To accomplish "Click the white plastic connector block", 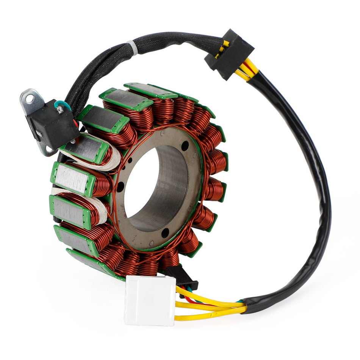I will point(149,300).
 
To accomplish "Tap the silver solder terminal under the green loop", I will point(59,110).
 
